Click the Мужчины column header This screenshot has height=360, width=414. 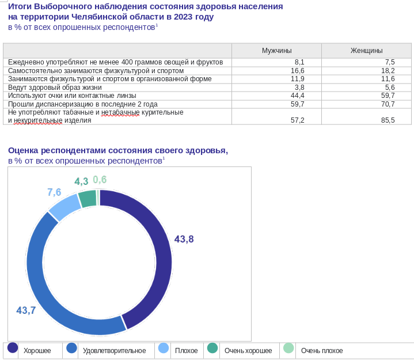[x=276, y=51]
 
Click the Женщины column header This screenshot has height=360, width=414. [x=366, y=51]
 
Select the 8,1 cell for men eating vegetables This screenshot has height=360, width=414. [x=299, y=62]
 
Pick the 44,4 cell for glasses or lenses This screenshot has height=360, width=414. [x=298, y=96]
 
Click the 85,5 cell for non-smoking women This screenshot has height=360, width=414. [x=388, y=120]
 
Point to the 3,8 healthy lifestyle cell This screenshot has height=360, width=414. [x=299, y=87]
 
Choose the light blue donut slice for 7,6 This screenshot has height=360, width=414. [x=64, y=206]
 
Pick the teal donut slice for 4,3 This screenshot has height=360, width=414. [x=88, y=199]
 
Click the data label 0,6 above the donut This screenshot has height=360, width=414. [x=100, y=180]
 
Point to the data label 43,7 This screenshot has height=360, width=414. [x=26, y=310]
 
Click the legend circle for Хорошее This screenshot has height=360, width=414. [x=13, y=347]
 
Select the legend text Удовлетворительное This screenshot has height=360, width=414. [x=114, y=351]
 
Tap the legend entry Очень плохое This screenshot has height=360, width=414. [x=321, y=351]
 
